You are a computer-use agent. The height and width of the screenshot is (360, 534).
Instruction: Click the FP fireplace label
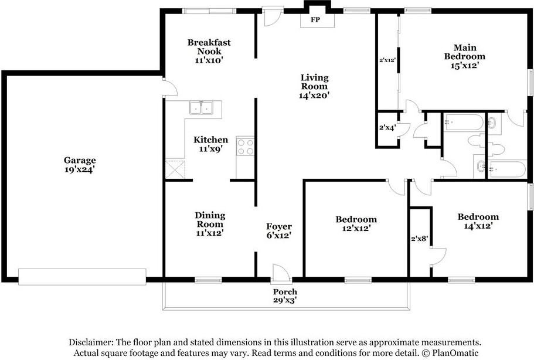315,20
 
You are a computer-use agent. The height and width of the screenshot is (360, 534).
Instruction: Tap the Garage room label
80,160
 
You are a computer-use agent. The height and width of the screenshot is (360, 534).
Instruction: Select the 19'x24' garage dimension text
80,169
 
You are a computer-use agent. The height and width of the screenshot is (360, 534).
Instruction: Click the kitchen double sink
201,108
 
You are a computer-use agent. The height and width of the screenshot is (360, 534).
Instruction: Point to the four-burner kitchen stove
245,147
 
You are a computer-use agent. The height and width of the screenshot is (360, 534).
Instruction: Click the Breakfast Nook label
209,47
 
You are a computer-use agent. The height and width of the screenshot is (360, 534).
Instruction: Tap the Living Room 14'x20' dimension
314,96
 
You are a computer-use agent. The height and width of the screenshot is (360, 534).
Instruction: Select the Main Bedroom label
464,52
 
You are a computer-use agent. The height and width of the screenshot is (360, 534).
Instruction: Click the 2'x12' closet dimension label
387,60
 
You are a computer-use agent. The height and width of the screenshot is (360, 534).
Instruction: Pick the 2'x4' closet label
387,128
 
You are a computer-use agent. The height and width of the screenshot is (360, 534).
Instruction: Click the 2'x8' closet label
419,239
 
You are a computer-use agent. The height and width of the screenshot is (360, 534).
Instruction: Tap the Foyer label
279,226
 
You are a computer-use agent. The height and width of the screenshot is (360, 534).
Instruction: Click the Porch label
285,291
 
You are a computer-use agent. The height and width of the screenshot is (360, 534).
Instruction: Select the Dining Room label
210,220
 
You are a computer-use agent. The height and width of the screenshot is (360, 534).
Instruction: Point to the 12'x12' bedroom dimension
356,228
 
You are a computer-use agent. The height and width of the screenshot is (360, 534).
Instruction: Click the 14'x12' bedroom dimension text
478,226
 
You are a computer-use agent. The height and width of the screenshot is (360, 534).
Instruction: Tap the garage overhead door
82,277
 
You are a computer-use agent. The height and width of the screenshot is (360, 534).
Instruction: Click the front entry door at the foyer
281,274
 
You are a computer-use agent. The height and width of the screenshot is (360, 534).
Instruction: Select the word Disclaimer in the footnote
91,342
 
